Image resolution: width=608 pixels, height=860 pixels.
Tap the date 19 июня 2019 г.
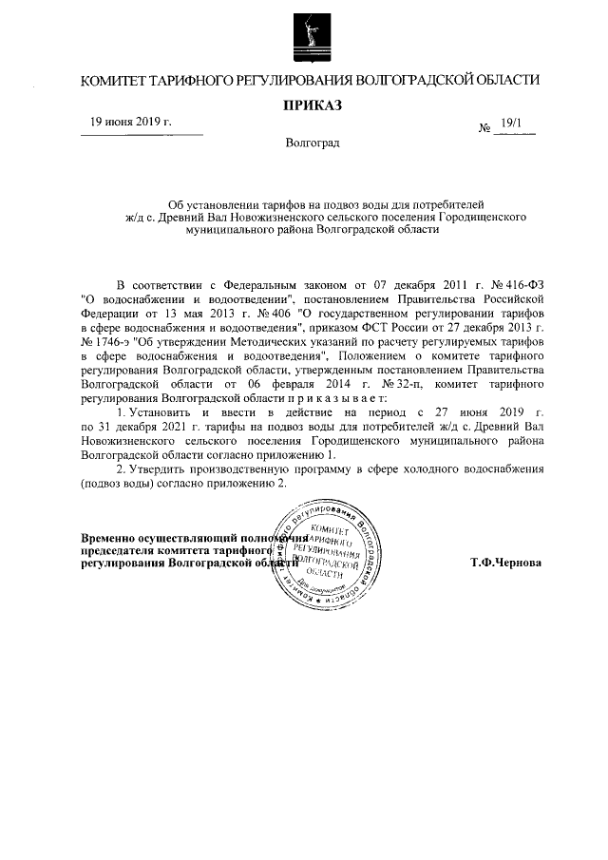130,122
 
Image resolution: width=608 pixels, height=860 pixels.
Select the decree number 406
277,313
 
